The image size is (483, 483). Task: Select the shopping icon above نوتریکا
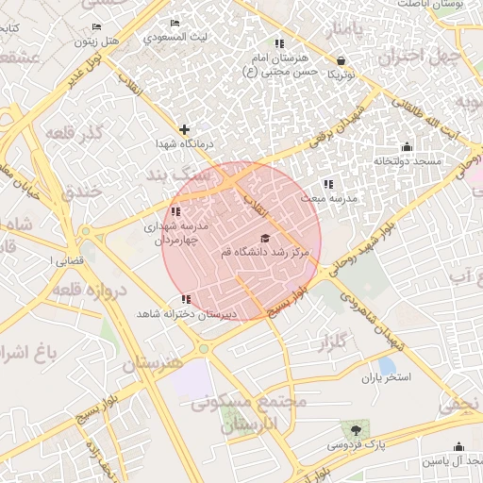click(x=340, y=60)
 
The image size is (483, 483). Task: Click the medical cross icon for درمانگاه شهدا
click(x=184, y=129)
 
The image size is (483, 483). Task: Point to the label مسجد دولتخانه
click(x=407, y=161)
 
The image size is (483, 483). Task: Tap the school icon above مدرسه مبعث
click(x=327, y=184)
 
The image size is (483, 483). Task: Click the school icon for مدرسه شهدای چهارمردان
click(x=175, y=212)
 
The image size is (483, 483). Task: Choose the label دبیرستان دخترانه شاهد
click(x=185, y=313)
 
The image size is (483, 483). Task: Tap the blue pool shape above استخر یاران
click(x=387, y=365)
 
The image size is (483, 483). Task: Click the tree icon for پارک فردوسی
click(x=356, y=430)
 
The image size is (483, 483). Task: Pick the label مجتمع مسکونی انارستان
click(x=249, y=412)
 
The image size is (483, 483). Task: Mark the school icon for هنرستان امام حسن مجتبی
click(x=277, y=43)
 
